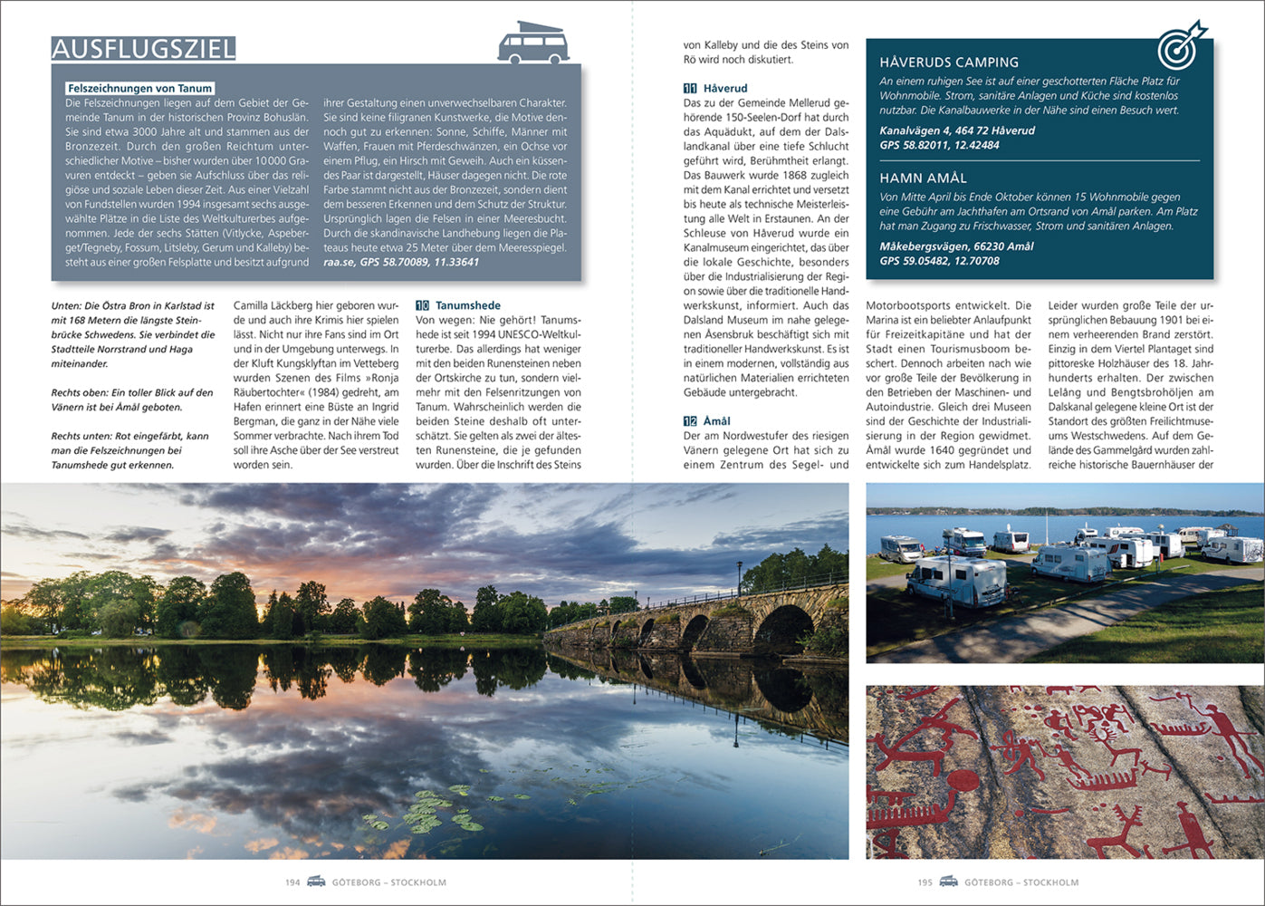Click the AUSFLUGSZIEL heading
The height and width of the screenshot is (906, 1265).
(143, 48)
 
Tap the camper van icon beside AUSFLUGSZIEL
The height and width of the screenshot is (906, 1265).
(533, 43)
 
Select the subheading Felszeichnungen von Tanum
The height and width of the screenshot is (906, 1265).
(139, 89)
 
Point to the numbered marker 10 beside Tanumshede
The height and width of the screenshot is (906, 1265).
(422, 306)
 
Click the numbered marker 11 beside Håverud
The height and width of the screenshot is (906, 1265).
(690, 89)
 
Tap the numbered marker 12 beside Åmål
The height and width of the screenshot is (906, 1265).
(690, 421)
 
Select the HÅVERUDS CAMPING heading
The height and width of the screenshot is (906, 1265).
(949, 63)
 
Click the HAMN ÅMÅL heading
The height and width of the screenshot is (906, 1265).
(923, 178)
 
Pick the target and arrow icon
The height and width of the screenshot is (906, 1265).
(1181, 45)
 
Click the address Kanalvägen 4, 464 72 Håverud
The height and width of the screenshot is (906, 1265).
(956, 130)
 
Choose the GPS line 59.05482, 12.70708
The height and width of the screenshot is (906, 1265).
(939, 261)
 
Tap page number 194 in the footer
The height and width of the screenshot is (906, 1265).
(292, 882)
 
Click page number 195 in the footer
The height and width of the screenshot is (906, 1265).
(925, 882)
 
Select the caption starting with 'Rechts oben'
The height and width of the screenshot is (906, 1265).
(132, 400)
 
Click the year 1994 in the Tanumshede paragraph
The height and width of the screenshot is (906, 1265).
(490, 335)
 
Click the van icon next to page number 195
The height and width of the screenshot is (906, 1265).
(948, 882)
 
